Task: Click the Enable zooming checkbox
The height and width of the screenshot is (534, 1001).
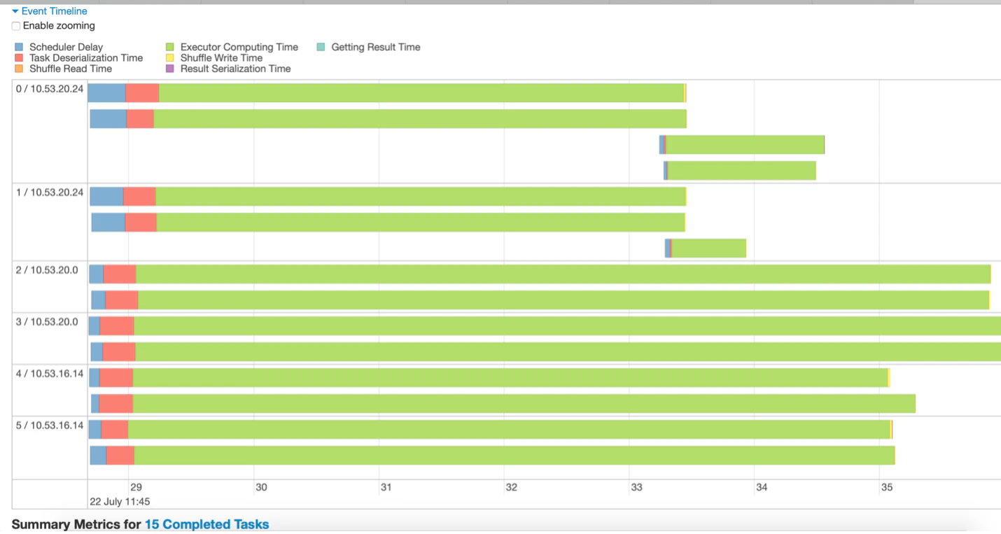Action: coord(16,26)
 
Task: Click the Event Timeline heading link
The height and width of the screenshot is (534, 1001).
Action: coord(54,11)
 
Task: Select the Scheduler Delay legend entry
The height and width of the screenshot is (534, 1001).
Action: coord(66,47)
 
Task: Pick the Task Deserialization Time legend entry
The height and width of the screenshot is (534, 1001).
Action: coord(85,58)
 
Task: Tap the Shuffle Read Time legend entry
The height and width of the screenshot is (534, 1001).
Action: coord(70,69)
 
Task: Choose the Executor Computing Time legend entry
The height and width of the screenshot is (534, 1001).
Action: coord(239,47)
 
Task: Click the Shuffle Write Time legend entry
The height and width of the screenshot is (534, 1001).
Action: coord(221,58)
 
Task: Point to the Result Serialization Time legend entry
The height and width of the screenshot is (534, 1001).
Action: coord(235,69)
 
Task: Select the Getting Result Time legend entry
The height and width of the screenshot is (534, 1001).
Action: coord(375,47)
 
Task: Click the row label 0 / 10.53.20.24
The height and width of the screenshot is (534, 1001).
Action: coord(50,89)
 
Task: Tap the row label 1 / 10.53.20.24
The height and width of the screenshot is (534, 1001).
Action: coord(50,192)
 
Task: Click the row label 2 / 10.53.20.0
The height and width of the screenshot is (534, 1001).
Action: coord(47,270)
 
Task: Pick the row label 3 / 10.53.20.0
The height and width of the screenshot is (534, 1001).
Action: coord(47,322)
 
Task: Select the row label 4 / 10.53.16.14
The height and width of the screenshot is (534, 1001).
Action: coord(50,374)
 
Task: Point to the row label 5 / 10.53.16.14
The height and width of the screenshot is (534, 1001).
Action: coord(50,426)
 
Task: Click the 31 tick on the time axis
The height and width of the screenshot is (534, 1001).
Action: coord(386,487)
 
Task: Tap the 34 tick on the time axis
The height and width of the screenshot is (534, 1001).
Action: coord(762,487)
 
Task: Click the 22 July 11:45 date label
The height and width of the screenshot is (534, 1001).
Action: coord(120,501)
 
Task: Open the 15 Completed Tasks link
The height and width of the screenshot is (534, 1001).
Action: coord(206,524)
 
